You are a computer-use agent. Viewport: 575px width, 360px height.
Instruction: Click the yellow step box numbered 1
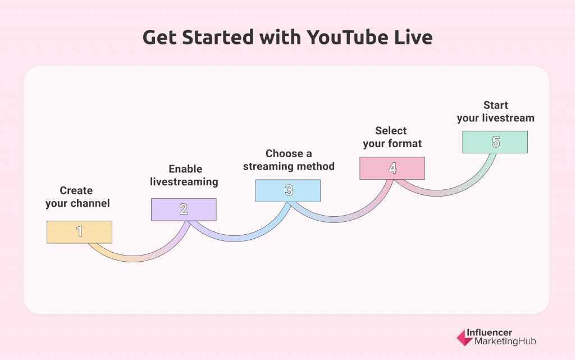point(79,232)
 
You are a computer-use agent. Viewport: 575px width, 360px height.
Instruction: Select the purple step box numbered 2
point(184,209)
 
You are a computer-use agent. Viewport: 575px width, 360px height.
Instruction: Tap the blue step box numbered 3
point(288,190)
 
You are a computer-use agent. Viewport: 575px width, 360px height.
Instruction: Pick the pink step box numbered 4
point(392,168)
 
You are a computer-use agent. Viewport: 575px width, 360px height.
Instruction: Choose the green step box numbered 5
point(495,142)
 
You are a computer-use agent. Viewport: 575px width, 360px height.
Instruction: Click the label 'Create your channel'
point(77,197)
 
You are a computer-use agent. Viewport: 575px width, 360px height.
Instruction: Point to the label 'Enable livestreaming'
point(184,175)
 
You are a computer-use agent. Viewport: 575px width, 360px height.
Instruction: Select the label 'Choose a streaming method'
point(289,160)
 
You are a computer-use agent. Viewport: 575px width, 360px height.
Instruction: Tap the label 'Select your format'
point(392,137)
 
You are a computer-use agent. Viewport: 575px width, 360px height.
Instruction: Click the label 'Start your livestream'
point(495,111)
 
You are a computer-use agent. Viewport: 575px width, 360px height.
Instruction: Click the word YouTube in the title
point(347,38)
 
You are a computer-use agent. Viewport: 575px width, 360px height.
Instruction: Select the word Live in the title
point(413,38)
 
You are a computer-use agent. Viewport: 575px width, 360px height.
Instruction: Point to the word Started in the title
point(218,38)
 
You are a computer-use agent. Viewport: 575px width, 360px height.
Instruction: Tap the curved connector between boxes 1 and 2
point(134,258)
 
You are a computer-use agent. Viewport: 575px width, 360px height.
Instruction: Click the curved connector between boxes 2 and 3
point(235,238)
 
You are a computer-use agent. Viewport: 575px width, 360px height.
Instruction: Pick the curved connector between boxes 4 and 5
point(437,193)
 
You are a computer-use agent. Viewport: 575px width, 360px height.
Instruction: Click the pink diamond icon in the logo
point(464,338)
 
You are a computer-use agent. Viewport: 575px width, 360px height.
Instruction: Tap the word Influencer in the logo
point(489,332)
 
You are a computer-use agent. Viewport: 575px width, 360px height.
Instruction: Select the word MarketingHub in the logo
point(505,341)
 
